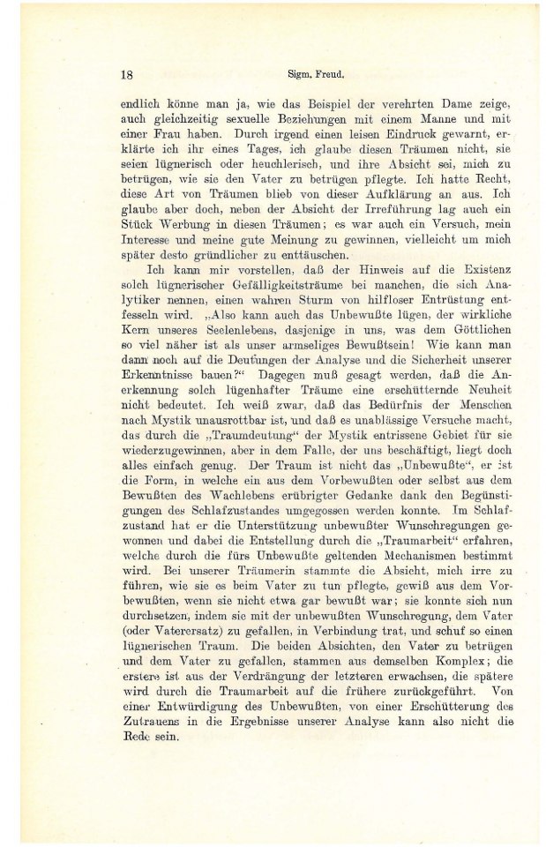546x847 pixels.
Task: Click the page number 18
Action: (x=126, y=75)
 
